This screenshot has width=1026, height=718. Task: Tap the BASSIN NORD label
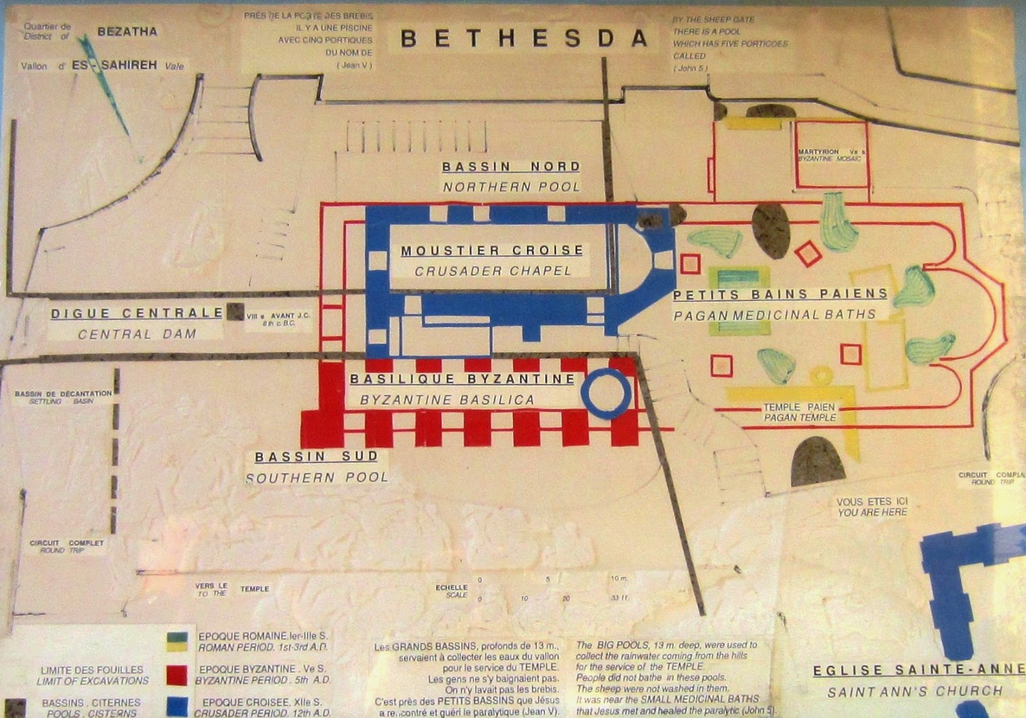point(511,167)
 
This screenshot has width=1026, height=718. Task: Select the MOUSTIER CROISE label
point(492,250)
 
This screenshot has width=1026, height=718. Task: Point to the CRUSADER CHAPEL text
point(492,271)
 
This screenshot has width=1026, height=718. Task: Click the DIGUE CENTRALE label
point(137,314)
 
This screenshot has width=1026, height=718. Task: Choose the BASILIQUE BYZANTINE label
point(462,379)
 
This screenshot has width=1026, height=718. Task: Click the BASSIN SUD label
point(316,457)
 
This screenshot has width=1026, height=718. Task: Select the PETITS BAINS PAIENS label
point(780,295)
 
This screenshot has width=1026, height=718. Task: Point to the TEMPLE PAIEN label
point(800,407)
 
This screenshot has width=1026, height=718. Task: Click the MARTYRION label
point(818,151)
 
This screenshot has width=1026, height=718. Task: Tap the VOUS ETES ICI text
point(872,501)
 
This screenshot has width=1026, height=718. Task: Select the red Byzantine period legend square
point(176,675)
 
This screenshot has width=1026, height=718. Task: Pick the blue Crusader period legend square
point(176,706)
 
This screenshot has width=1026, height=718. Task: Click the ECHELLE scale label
point(451,587)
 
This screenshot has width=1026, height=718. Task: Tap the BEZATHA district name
point(127,31)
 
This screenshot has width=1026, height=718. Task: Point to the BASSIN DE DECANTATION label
point(63,393)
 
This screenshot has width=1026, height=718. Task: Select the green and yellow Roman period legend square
point(176,642)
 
